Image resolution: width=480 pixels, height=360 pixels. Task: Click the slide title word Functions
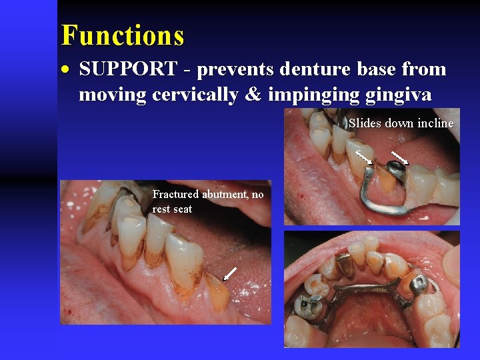[122, 35]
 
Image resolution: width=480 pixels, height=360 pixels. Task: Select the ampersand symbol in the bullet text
[253, 95]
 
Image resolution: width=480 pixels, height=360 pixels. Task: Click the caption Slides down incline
[400, 123]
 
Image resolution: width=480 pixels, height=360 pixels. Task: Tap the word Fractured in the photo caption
[175, 195]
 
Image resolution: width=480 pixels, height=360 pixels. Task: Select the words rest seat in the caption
[172, 209]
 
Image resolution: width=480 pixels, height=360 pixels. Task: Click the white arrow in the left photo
[230, 273]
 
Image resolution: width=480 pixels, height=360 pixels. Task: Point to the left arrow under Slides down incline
[363, 157]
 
